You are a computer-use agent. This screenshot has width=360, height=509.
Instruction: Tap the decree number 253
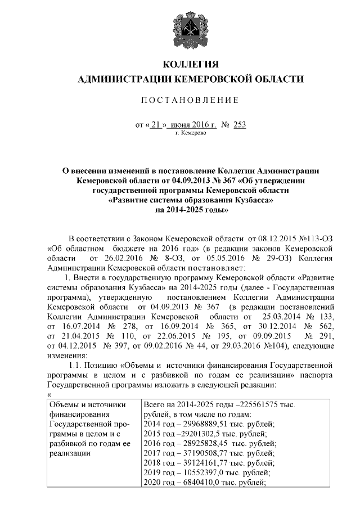(x=240, y=125)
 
